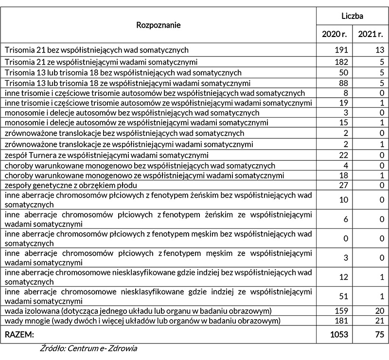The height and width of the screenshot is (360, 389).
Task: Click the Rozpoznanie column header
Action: tap(159, 25)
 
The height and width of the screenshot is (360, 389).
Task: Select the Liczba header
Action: tap(353, 16)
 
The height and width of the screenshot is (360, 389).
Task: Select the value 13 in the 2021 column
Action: tap(380, 50)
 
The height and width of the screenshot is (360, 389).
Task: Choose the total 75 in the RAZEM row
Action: tap(379, 334)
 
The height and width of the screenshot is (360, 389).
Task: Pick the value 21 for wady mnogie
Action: tap(379, 321)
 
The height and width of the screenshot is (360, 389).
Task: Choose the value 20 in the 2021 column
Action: tap(379, 310)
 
